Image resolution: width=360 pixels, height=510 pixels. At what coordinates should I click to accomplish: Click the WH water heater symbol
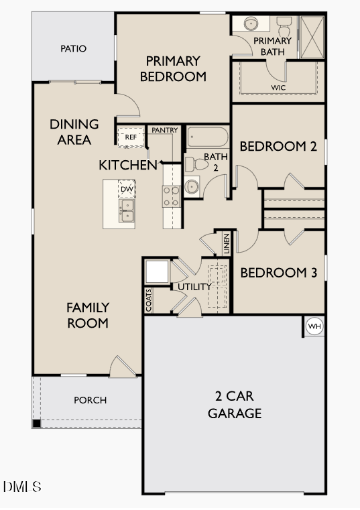coord(314,326)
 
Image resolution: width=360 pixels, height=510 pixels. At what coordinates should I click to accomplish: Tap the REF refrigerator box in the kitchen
coord(131,137)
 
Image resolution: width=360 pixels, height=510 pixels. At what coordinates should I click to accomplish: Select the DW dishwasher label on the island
coord(127,189)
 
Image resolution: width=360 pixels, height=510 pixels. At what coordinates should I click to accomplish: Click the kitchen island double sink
coord(127,210)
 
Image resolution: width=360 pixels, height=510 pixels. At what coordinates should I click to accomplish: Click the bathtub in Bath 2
coord(207,137)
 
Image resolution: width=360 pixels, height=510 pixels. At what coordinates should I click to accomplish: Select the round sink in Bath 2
coord(192,186)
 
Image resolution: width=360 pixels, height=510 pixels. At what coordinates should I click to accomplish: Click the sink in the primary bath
coord(252,23)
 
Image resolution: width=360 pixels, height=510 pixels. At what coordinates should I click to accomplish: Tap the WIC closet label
coord(278,88)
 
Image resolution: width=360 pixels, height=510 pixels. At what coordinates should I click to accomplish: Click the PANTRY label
coord(164,129)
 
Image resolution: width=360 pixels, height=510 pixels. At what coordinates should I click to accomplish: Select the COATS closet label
coord(149,300)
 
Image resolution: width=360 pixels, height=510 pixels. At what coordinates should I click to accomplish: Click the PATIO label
coord(73,49)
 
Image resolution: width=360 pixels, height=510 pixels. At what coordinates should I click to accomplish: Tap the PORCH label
coord(90,400)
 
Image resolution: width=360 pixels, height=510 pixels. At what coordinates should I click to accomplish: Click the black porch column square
coord(36,424)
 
